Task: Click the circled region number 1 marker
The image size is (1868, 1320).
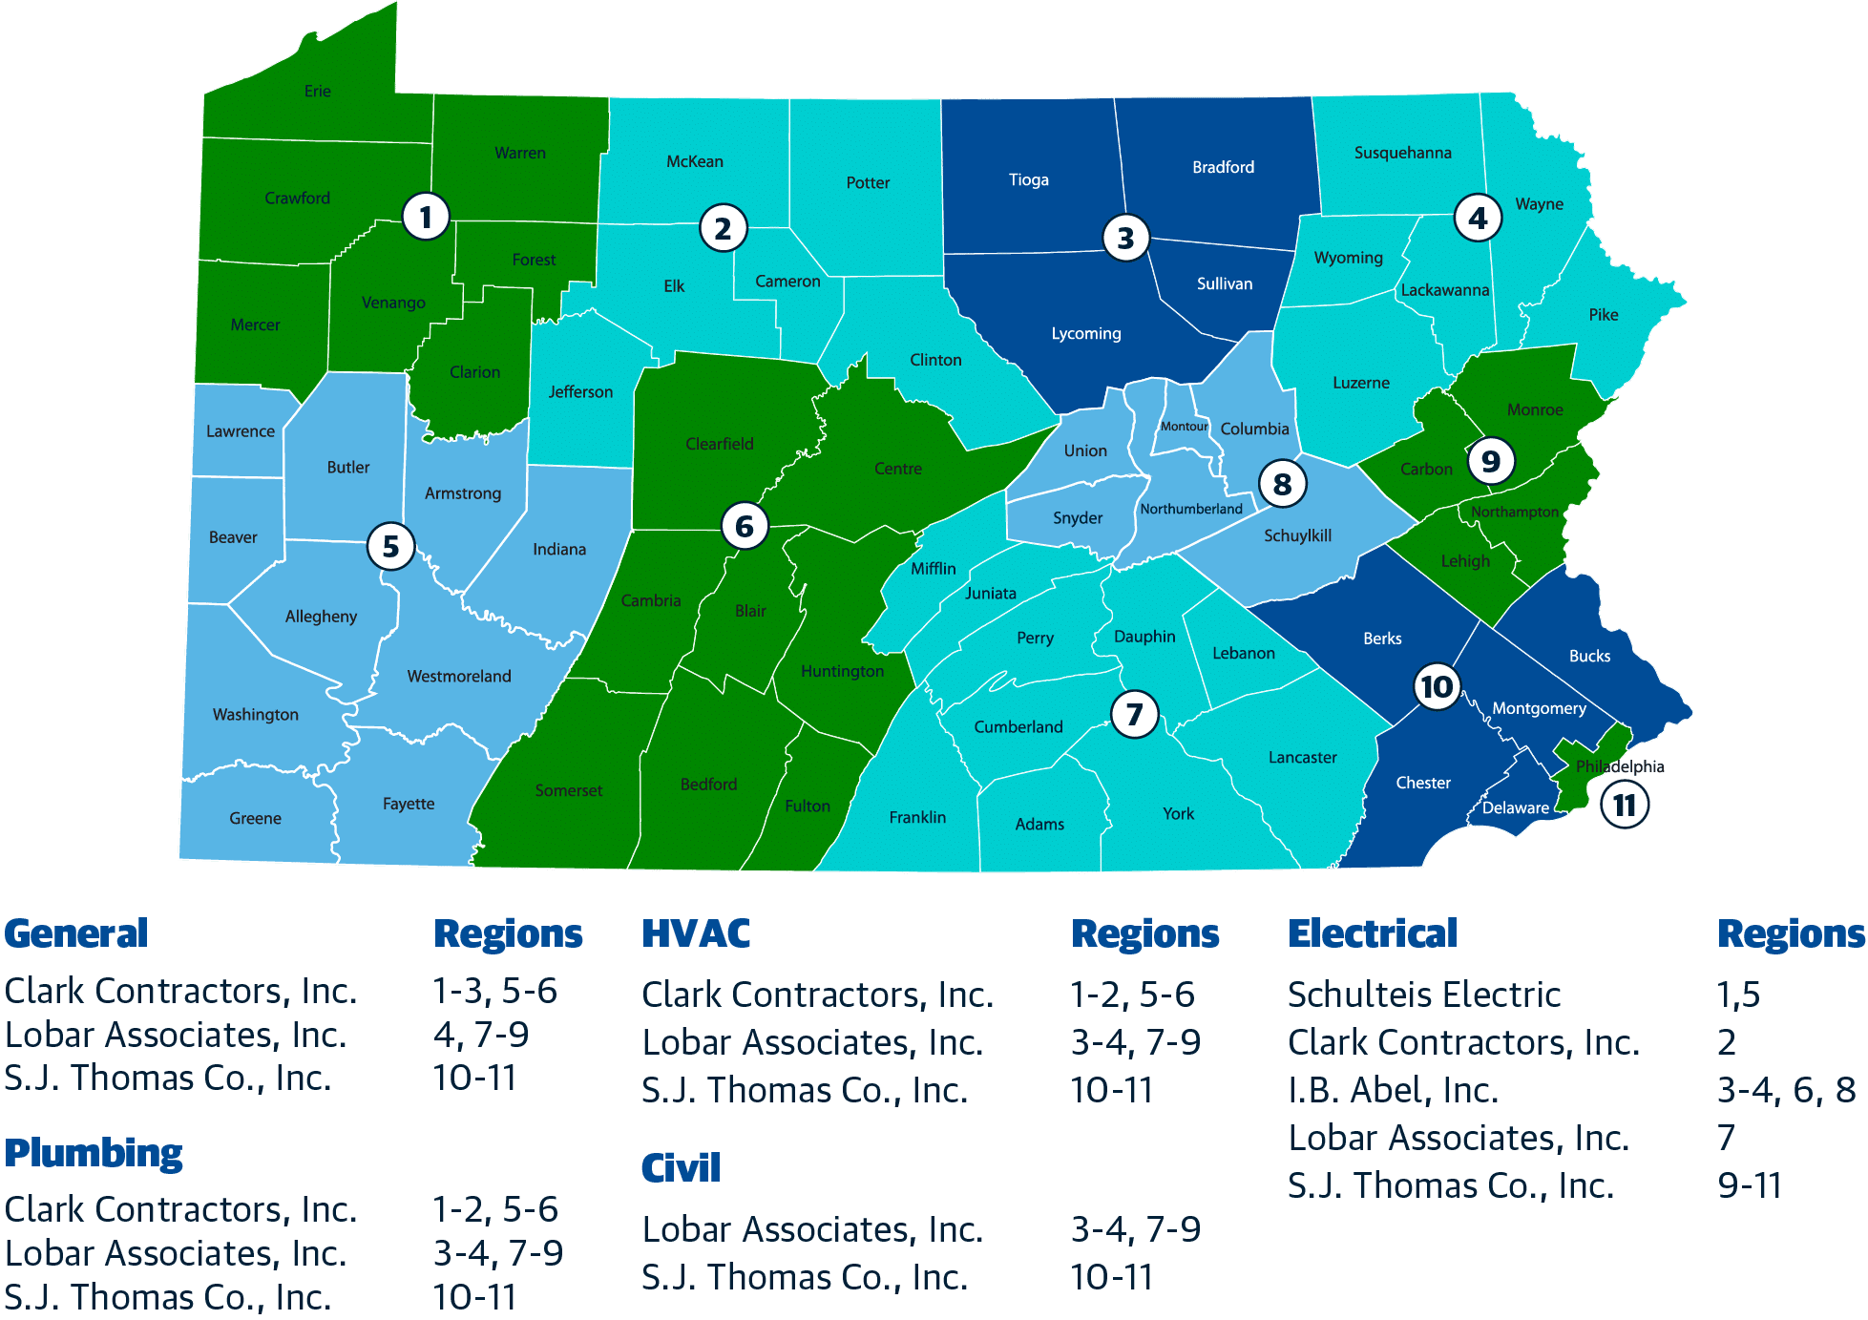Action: [426, 217]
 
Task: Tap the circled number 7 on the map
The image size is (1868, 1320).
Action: [1134, 714]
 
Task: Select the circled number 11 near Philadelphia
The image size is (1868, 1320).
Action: [1624, 806]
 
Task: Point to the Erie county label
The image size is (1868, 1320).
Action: [318, 92]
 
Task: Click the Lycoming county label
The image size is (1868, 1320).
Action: [1086, 333]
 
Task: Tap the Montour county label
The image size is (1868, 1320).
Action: [1184, 427]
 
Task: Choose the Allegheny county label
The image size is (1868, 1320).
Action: [321, 617]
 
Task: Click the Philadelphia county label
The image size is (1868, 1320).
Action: [1619, 766]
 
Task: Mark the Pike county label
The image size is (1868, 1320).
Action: [1604, 315]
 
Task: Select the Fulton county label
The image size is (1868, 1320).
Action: [808, 806]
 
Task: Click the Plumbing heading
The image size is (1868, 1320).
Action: [94, 1153]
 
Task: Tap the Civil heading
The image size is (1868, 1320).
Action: [681, 1167]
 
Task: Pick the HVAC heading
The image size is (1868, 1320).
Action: [696, 933]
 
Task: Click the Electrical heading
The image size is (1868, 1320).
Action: [1373, 933]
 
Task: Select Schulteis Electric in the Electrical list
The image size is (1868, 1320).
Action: [1424, 995]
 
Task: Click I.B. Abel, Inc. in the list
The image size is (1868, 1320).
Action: [1393, 1090]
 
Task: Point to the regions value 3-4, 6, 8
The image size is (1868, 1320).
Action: [1786, 1090]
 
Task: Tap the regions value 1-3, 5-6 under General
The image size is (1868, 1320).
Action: [494, 991]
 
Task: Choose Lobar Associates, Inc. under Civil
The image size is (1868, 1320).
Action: [812, 1229]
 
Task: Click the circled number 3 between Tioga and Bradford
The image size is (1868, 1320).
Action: [1125, 238]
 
